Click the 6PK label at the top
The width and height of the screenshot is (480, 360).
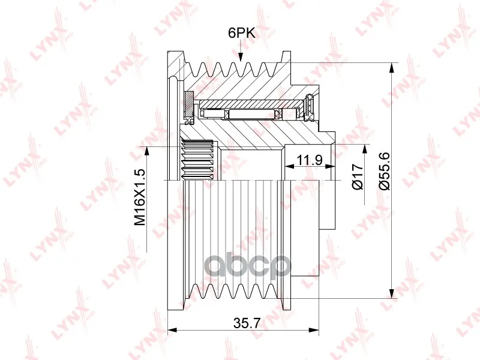(x=242, y=33)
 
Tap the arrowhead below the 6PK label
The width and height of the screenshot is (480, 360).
(x=241, y=57)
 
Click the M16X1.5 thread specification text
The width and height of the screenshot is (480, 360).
(x=140, y=197)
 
